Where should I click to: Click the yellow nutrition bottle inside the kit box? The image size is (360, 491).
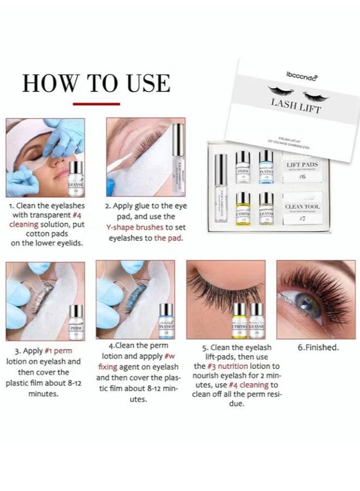pyautogui.click(x=243, y=207)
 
